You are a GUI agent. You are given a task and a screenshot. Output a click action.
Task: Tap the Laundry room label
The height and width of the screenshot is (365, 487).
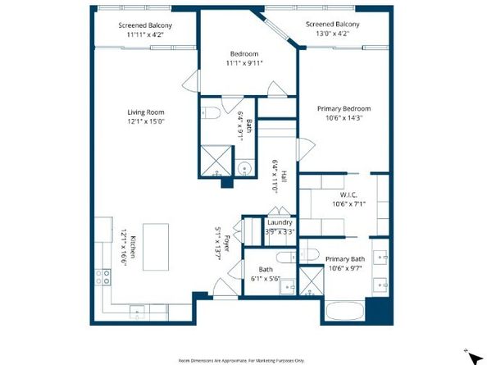tap(280, 222)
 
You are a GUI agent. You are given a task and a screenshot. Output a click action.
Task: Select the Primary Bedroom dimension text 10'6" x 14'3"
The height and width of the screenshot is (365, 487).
tap(344, 118)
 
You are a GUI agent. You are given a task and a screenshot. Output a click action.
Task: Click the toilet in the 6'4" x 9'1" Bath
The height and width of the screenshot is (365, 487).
tap(211, 113)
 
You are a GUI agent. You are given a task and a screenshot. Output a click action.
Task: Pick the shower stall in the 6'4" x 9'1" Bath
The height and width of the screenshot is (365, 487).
tap(216, 159)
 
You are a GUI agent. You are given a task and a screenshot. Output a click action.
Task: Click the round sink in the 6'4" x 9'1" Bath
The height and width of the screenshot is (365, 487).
tap(244, 170)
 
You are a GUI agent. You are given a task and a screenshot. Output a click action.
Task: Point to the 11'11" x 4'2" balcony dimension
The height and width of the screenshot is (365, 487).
tap(143, 35)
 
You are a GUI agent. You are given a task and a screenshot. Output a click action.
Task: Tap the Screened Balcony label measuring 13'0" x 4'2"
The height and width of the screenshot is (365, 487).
tap(332, 25)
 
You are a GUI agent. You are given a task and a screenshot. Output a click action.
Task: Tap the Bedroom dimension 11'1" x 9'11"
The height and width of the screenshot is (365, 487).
tap(244, 62)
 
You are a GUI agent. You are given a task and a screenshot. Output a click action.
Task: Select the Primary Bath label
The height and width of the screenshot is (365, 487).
tap(345, 258)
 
